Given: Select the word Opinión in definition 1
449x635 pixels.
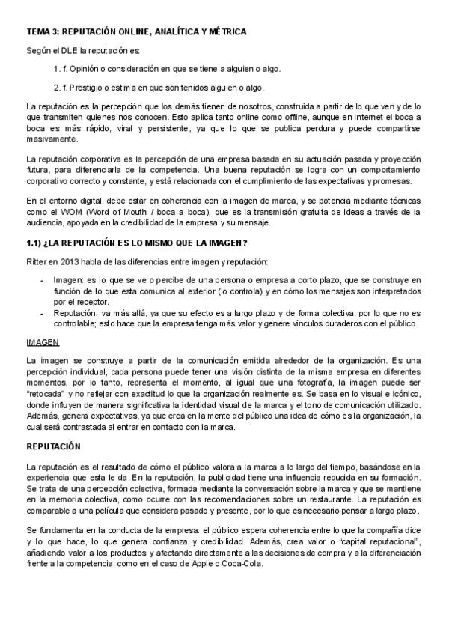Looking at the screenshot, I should (88, 68).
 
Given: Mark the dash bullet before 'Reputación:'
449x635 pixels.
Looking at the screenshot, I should (41, 314).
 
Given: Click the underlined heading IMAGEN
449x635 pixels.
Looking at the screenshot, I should (42, 341).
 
